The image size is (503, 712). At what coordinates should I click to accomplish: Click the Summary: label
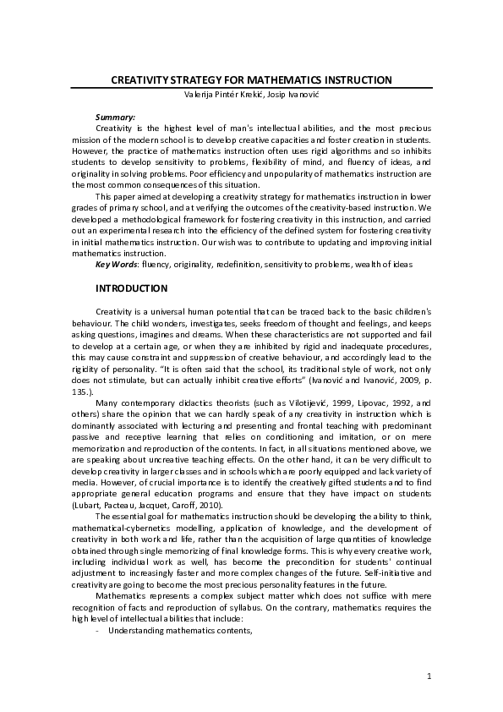[x=115, y=116]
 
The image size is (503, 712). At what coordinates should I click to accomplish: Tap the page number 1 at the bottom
[x=429, y=676]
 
